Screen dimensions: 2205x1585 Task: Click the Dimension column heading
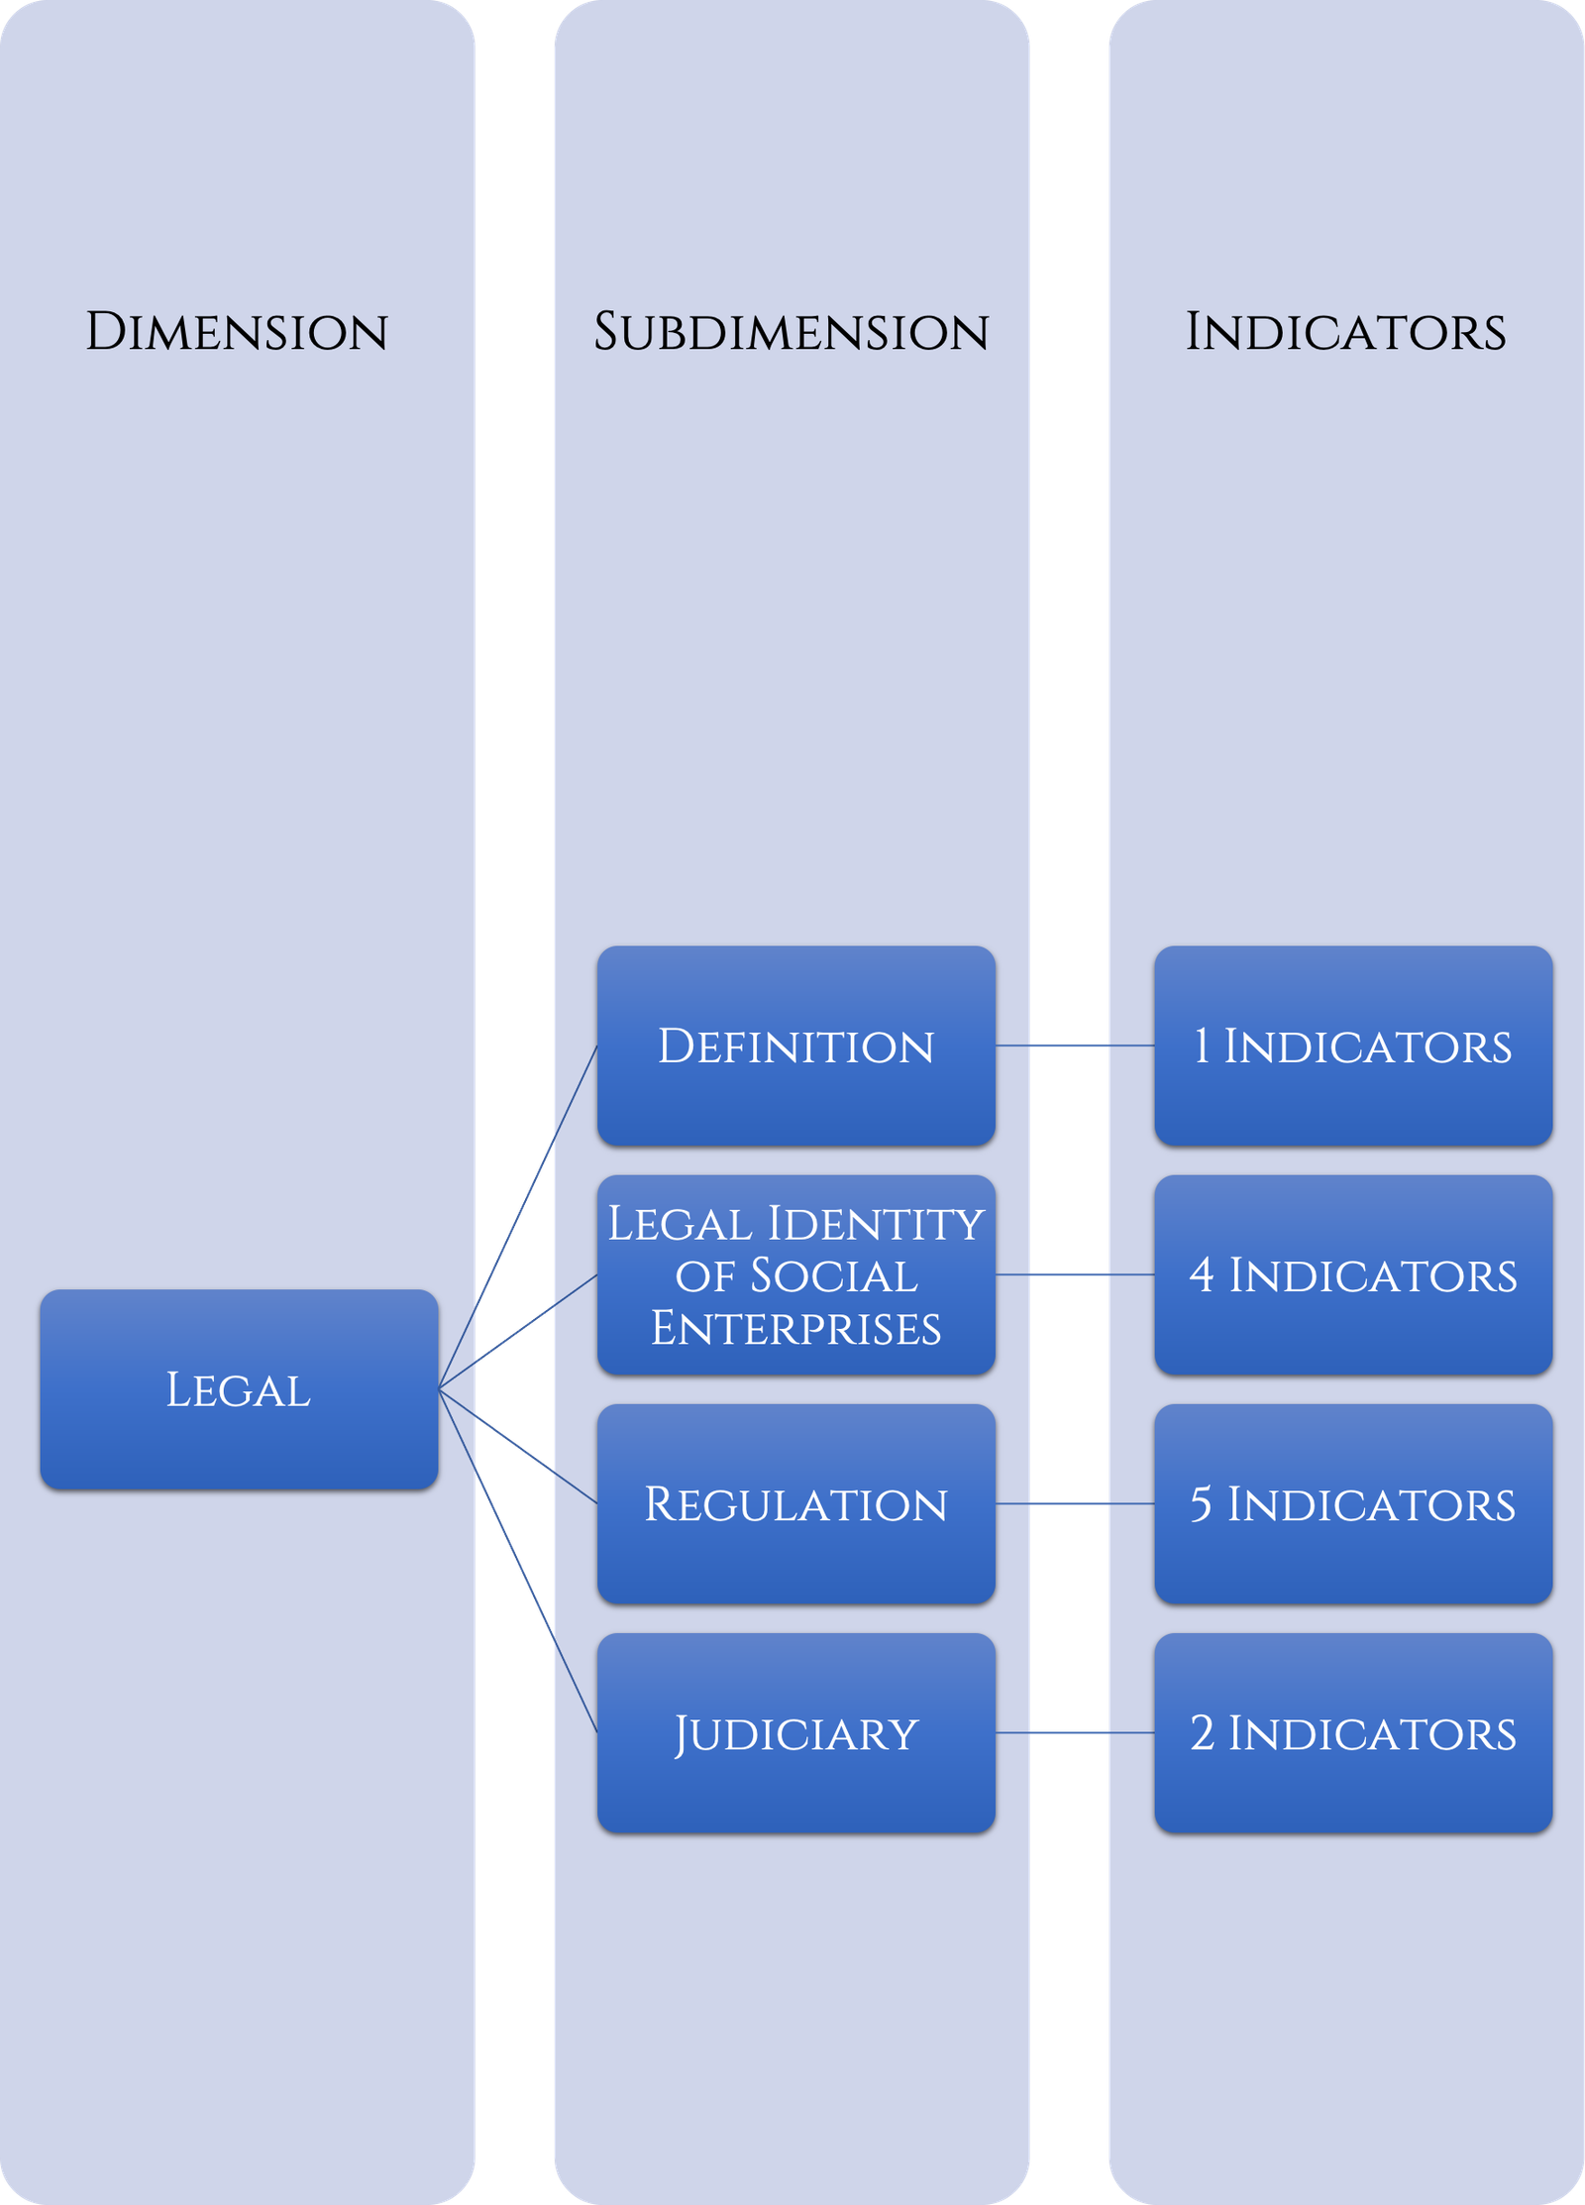[237, 332]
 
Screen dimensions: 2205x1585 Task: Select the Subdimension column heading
[792, 332]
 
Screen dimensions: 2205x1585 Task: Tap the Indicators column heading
[1346, 332]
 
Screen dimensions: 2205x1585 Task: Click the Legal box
[239, 1389]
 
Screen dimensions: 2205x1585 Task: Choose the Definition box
[795, 1047]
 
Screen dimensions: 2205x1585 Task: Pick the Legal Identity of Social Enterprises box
[795, 1275]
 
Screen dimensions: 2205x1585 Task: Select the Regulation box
[795, 1504]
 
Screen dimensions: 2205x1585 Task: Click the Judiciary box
[795, 1733]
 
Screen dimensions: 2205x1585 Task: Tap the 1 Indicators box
[1353, 1047]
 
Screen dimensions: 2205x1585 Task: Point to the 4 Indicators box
[1353, 1275]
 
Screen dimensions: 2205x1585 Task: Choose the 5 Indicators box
[1353, 1504]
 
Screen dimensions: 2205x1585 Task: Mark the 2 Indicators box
[1353, 1733]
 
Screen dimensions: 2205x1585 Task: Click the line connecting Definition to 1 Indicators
[1075, 1046]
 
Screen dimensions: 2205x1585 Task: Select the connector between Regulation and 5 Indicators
[1075, 1503]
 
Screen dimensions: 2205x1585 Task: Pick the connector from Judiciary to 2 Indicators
[1075, 1732]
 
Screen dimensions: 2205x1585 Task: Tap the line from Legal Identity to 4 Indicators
[1075, 1274]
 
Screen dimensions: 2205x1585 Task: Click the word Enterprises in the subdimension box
[795, 1329]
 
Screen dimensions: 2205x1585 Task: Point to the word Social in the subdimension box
[833, 1276]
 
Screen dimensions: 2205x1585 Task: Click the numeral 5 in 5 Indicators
[1201, 1504]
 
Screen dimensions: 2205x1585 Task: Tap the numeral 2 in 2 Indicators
[1202, 1733]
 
